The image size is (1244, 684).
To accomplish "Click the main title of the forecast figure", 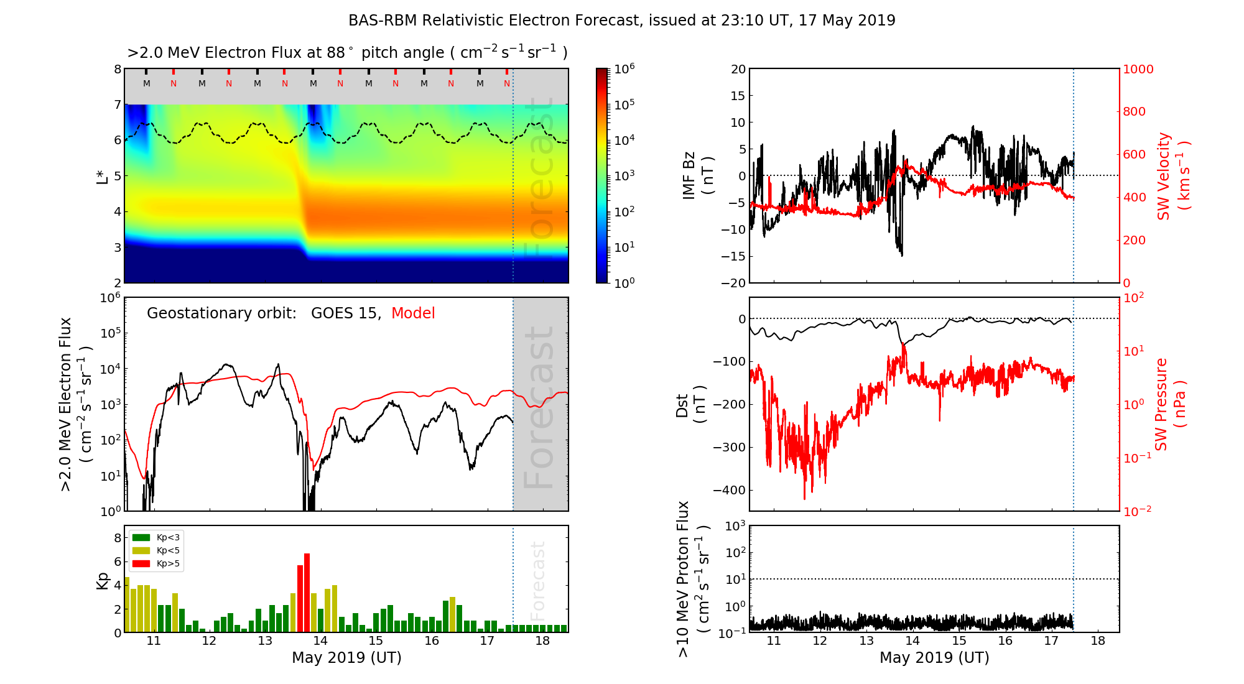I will [x=621, y=21].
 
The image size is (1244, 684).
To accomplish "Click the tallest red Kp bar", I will [x=307, y=592].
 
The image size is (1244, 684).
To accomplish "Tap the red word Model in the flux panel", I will [x=413, y=313].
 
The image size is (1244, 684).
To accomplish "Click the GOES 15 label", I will [x=345, y=313].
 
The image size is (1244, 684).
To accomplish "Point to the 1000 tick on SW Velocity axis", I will [x=1138, y=69].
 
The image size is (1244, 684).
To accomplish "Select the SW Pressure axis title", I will [x=1169, y=404].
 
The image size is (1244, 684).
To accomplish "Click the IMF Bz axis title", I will [x=697, y=175].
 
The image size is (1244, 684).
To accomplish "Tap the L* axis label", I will [x=103, y=176].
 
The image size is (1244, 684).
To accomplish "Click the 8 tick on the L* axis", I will [x=118, y=69].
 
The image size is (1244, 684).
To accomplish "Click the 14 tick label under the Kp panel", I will [x=320, y=641].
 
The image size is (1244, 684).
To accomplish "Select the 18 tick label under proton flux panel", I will [x=1098, y=641].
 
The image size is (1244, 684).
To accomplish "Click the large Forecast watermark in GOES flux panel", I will [x=539, y=407].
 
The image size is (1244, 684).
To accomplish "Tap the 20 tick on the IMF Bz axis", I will [x=738, y=69].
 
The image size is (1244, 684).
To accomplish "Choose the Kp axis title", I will [x=103, y=580].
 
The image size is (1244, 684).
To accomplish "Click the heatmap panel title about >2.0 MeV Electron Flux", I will [x=347, y=53].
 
